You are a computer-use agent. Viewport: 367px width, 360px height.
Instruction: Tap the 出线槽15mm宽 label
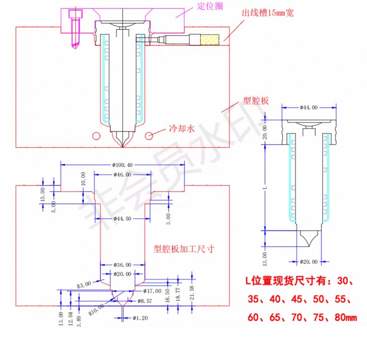coord(267,13)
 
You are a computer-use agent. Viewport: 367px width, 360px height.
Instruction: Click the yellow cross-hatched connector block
coord(210,39)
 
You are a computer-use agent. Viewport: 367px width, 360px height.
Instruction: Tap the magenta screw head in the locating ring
coord(75,14)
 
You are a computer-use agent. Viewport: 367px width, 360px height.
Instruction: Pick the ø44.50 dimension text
coord(122,219)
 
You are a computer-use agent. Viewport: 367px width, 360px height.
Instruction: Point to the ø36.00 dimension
coord(122,265)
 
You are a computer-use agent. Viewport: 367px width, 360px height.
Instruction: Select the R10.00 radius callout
coord(96,309)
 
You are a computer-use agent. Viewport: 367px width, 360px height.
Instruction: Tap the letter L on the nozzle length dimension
coord(264,187)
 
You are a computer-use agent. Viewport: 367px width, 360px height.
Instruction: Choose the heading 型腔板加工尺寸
coord(183,249)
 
